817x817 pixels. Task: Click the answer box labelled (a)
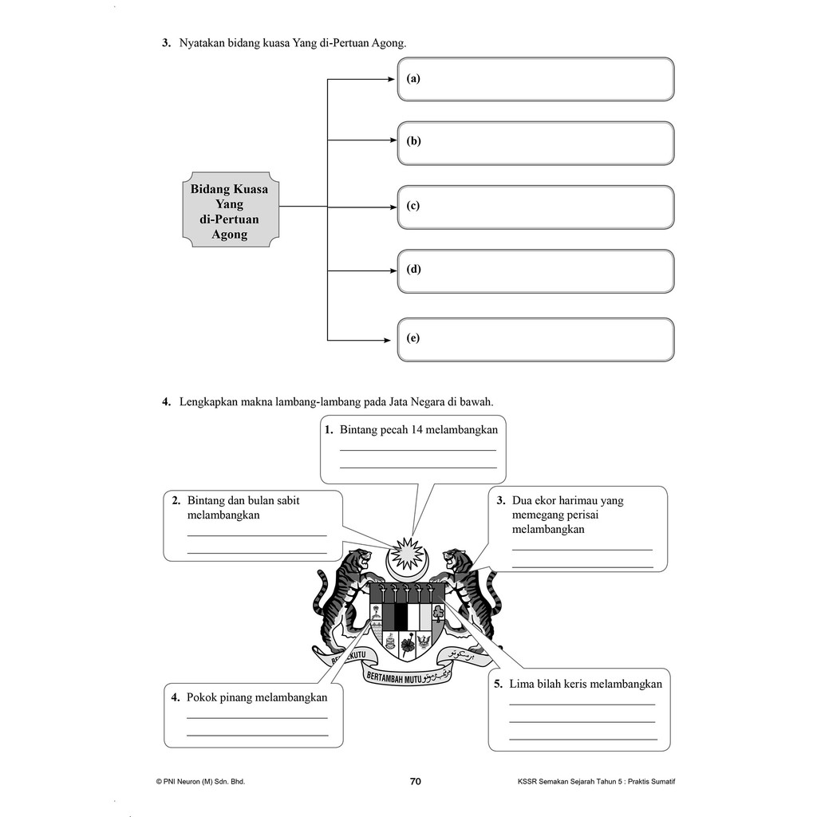pos(535,79)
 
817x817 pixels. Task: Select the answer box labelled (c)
pos(535,207)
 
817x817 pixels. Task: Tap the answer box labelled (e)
pos(535,339)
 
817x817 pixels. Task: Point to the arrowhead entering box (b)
pos(393,141)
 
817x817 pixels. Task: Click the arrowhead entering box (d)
pos(393,270)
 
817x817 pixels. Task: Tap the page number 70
pos(415,782)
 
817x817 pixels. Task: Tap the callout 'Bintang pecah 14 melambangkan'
pos(413,448)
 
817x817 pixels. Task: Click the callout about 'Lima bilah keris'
pos(579,710)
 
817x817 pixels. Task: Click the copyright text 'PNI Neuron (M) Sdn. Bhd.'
pos(200,782)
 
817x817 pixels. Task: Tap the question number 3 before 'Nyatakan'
pos(167,44)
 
